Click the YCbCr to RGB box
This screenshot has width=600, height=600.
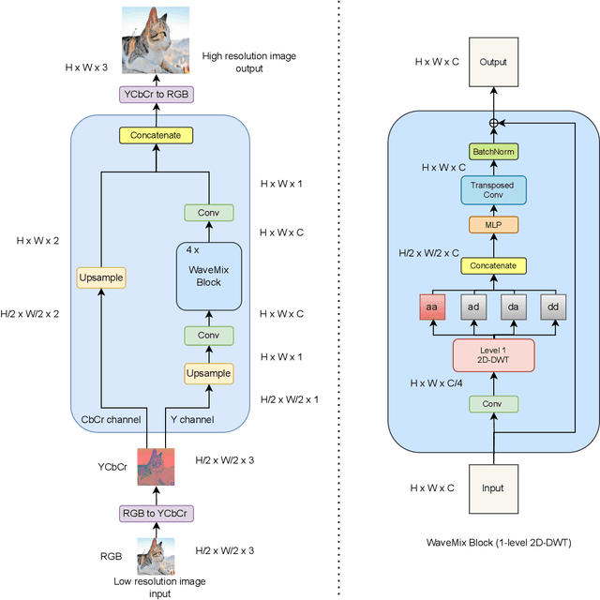point(155,94)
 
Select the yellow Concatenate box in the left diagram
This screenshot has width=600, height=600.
point(155,136)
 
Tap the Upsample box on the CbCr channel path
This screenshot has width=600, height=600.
point(99,277)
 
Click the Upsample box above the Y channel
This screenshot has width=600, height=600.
point(208,373)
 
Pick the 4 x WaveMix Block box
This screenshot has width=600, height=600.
point(208,276)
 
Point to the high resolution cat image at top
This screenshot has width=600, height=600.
point(156,41)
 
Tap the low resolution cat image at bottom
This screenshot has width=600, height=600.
point(156,555)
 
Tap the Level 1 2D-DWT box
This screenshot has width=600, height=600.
point(493,355)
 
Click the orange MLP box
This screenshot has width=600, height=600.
point(493,225)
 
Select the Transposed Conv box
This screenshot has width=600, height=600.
point(493,190)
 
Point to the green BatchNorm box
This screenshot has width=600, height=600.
point(493,152)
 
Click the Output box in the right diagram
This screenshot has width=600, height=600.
point(493,63)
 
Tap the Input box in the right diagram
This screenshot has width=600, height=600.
point(493,488)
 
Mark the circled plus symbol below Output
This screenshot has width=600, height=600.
point(493,124)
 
